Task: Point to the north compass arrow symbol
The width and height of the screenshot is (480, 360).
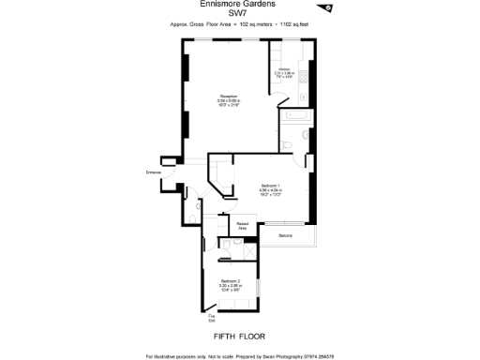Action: coord(326,8)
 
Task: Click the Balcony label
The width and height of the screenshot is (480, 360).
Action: coord(285,235)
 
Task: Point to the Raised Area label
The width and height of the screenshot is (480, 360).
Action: coord(242,225)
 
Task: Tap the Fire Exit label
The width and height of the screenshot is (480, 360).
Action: coord(211,319)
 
